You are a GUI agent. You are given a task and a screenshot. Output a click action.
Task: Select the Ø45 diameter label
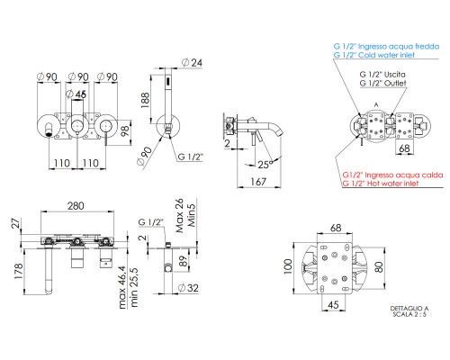[78, 94]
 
